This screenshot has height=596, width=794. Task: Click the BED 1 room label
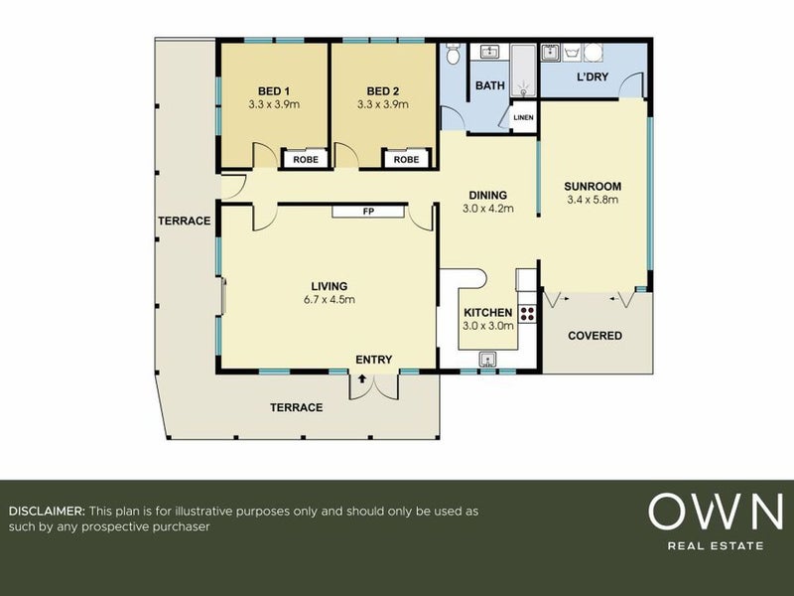[x=274, y=91]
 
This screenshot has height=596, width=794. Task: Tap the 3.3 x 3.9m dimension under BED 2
[x=383, y=104]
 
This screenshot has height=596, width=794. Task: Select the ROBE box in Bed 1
[x=306, y=159]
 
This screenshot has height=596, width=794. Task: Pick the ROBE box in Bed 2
[x=406, y=159]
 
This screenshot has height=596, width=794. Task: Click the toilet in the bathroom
[x=453, y=54]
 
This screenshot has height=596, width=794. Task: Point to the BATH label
[x=490, y=85]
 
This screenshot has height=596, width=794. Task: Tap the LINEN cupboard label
[x=523, y=117]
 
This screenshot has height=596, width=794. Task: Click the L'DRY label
[x=593, y=77]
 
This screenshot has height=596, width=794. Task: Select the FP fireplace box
[x=368, y=212]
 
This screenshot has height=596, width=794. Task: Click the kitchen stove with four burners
[x=527, y=314]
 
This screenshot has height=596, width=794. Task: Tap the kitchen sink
[x=487, y=359]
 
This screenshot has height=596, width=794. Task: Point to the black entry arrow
[x=362, y=378]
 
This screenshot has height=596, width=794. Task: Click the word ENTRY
[x=374, y=360]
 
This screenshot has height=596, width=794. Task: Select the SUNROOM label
[x=593, y=186]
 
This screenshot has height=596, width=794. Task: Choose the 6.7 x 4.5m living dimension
[x=330, y=300]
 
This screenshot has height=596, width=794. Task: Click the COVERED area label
[x=595, y=336]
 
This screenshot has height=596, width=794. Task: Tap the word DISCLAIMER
[x=47, y=511]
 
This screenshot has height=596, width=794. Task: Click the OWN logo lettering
[x=716, y=512]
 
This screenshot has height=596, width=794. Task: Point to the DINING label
[x=487, y=195]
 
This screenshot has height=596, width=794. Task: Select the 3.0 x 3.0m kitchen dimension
[x=488, y=326]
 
